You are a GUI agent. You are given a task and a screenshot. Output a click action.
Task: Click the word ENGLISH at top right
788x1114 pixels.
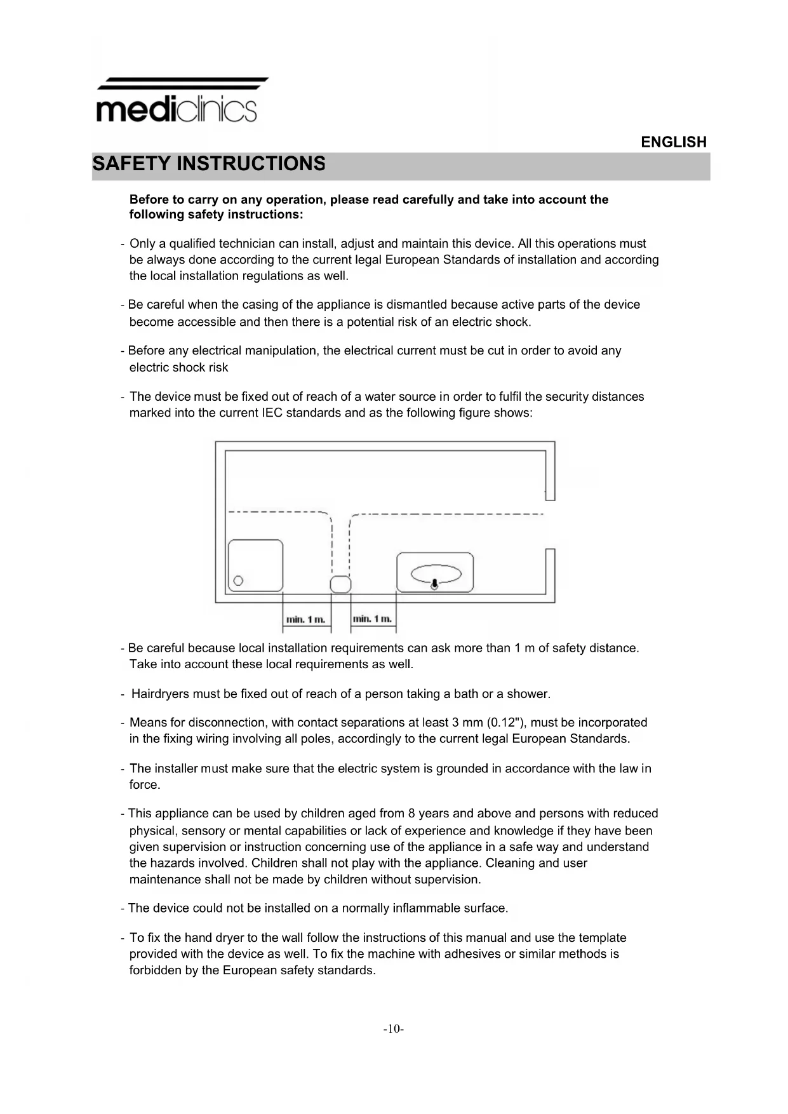tap(673, 142)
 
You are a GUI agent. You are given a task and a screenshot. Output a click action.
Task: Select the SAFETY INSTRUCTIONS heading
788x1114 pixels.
tap(209, 164)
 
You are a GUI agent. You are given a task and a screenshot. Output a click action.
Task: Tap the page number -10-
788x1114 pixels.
tap(393, 1028)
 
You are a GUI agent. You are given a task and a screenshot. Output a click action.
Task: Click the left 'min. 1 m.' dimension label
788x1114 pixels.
tap(306, 619)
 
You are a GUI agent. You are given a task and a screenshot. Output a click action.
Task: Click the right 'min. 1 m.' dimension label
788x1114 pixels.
tap(373, 619)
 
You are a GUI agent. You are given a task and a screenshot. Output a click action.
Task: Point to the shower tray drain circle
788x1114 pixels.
tap(239, 580)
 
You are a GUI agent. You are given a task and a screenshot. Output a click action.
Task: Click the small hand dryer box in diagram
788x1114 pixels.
tap(341, 584)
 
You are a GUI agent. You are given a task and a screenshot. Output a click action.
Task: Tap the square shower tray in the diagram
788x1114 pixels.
tap(255, 565)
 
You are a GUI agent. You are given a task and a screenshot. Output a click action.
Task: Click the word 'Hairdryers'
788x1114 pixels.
tap(160, 694)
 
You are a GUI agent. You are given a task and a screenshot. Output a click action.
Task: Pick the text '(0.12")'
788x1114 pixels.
tap(506, 723)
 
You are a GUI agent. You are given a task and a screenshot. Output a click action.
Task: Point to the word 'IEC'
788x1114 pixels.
tap(272, 413)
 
